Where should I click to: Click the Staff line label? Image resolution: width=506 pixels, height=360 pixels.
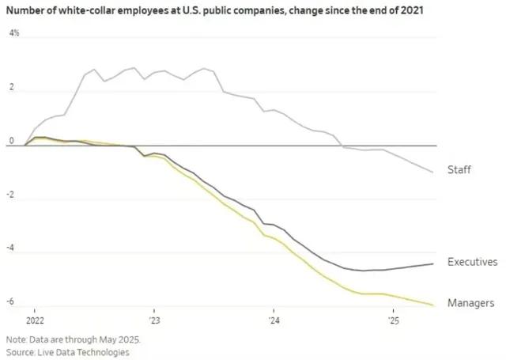click(459, 170)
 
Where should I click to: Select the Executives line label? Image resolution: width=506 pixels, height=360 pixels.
click(472, 262)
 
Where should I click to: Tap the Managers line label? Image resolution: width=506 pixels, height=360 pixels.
click(470, 303)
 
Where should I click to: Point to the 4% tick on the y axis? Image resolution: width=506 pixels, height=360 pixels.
click(13, 34)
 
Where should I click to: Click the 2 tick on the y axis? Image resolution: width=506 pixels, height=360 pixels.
click(11, 89)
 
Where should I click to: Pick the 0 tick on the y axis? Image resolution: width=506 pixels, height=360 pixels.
click(11, 142)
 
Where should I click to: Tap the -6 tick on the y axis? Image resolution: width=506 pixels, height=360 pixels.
click(11, 302)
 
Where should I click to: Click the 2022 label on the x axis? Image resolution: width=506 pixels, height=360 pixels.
click(35, 321)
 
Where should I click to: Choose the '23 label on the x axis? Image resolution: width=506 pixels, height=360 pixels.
click(154, 321)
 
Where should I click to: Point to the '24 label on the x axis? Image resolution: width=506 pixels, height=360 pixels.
click(273, 321)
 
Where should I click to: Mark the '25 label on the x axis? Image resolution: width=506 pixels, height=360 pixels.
click(392, 321)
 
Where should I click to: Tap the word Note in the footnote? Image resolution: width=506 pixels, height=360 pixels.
click(17, 339)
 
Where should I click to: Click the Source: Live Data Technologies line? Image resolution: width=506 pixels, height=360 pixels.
click(67, 351)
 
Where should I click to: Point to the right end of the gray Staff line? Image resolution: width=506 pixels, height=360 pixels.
click(432, 172)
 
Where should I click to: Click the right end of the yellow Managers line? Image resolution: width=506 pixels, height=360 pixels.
click(432, 305)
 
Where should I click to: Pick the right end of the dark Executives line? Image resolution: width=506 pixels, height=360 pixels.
click(432, 263)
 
